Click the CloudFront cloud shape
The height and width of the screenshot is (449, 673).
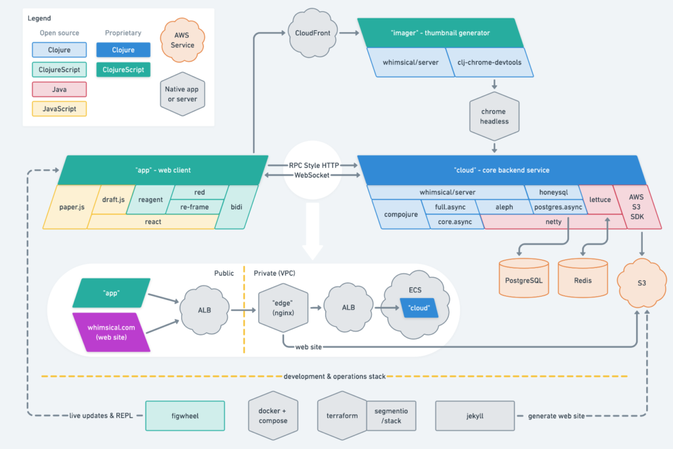(x=312, y=33)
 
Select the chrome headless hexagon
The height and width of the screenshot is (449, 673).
(x=494, y=116)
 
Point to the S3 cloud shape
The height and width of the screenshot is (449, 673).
(x=641, y=283)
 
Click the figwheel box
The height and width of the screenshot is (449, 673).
(x=185, y=416)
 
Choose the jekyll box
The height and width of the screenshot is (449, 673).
(x=475, y=416)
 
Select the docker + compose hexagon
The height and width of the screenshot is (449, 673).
(x=273, y=416)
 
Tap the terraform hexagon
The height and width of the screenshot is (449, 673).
(x=342, y=416)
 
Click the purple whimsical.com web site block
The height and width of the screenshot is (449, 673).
(x=111, y=332)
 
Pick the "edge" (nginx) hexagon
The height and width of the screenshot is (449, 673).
(x=283, y=307)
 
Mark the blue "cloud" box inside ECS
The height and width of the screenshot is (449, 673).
(x=419, y=308)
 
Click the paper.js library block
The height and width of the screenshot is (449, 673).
(x=71, y=207)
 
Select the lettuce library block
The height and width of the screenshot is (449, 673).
(x=600, y=200)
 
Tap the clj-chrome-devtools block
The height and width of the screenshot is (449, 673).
(x=489, y=62)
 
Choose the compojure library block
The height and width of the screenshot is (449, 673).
(x=400, y=214)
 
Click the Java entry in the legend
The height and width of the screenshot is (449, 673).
(x=59, y=89)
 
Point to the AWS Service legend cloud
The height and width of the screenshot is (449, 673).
(x=183, y=40)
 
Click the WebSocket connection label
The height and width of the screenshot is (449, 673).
(x=312, y=175)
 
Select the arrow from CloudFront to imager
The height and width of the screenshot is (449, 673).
(x=348, y=33)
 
